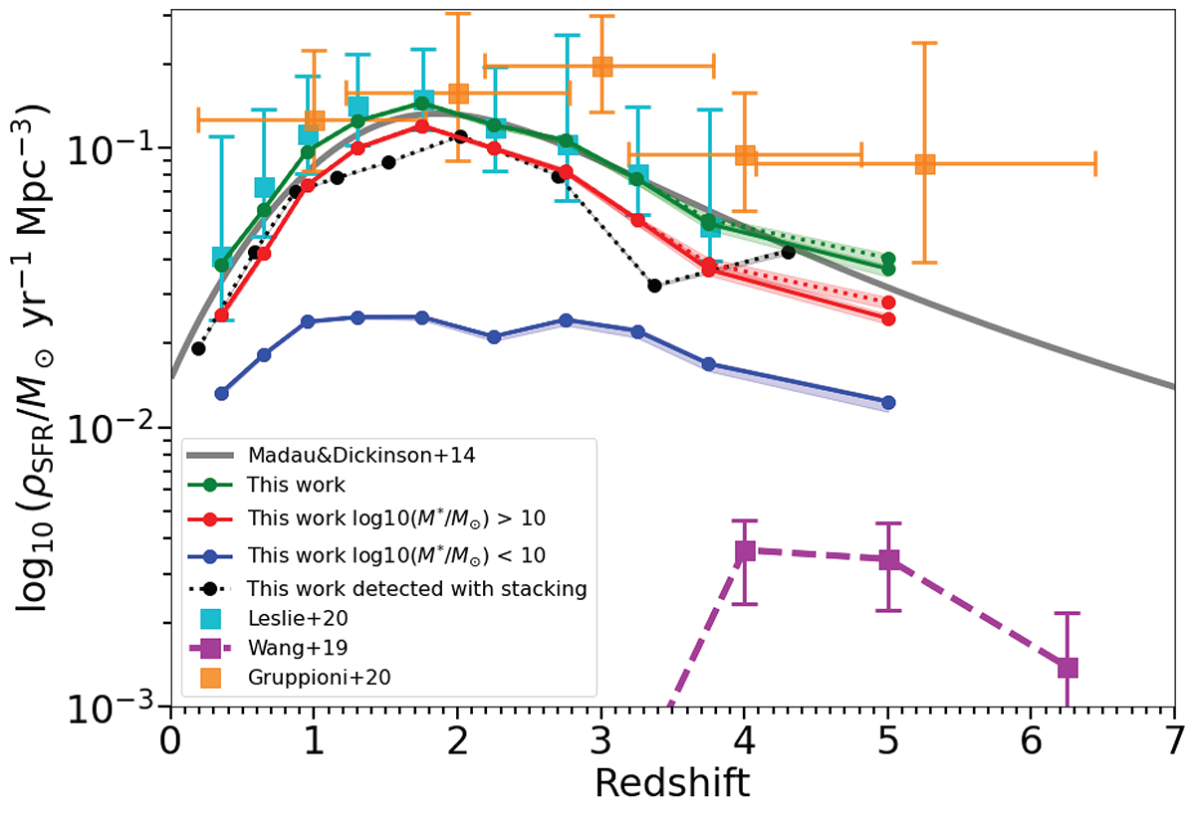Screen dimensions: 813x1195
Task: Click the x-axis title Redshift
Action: click(x=672, y=782)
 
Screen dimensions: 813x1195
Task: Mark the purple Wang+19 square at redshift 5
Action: click(x=888, y=559)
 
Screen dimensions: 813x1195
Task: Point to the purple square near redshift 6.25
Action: click(x=1068, y=668)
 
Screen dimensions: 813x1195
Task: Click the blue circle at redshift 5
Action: click(x=888, y=402)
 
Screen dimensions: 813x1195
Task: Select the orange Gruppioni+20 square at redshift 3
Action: click(x=601, y=67)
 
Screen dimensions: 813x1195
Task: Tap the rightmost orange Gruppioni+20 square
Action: click(x=924, y=164)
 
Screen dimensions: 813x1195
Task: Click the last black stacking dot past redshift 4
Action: click(x=788, y=252)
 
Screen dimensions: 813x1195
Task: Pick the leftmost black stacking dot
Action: click(x=198, y=348)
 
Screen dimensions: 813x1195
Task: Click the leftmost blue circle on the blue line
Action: click(x=222, y=393)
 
